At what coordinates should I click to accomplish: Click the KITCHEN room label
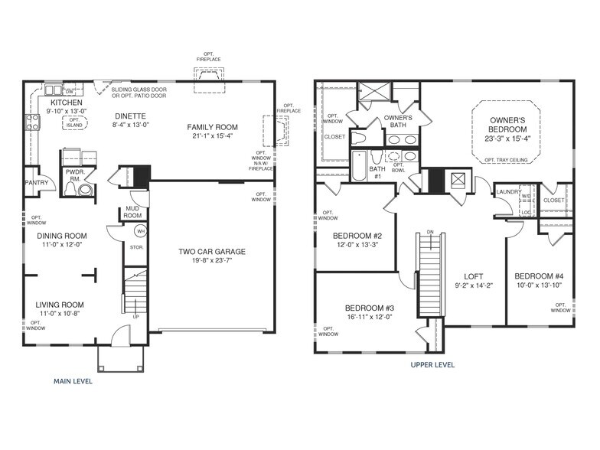coord(66,102)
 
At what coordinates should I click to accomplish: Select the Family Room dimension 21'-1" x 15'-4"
coord(214,137)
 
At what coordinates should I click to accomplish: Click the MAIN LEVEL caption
coord(73,381)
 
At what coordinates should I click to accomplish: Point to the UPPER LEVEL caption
coord(432,365)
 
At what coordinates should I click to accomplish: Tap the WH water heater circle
coord(140,230)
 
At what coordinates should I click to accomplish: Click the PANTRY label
coord(36,183)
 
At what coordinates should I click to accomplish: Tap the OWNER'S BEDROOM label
coord(507,126)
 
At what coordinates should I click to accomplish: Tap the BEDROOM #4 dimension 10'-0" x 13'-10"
coord(538,285)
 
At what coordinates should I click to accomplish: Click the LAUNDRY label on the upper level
coord(508,191)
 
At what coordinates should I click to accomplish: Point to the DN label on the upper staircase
coord(430,232)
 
